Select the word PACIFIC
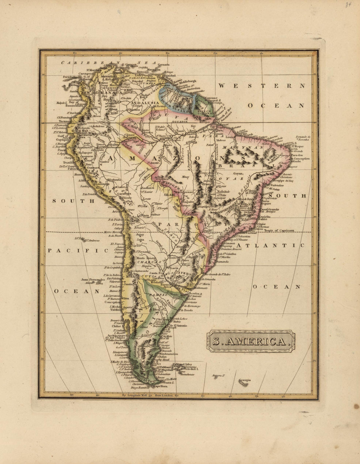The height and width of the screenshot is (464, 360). point(78,251)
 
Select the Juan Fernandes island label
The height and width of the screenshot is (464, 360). point(93,280)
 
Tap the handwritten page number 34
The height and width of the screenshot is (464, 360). point(348,5)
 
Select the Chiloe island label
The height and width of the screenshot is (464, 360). point(116,326)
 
